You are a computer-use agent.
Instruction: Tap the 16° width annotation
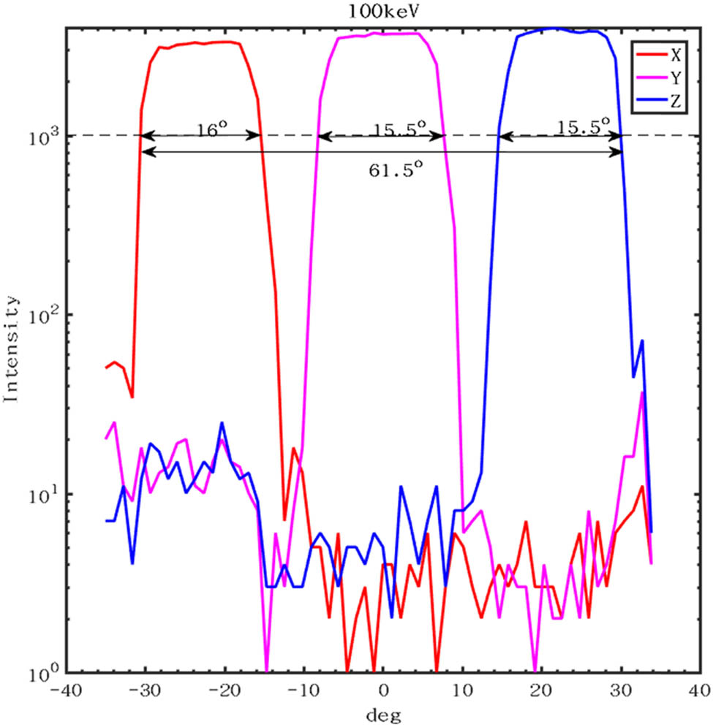click(211, 127)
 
